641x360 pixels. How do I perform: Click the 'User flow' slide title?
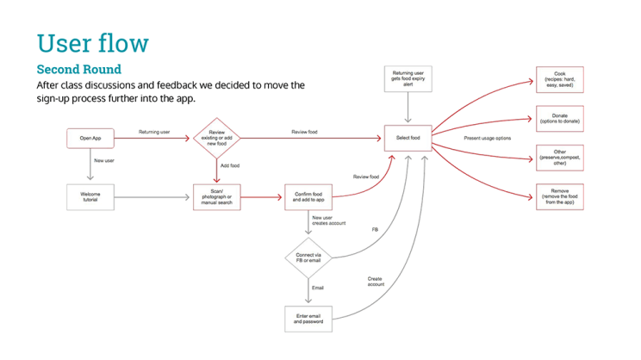click(x=93, y=42)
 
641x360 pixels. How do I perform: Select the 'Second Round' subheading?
click(x=78, y=69)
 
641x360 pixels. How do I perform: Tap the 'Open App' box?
click(x=90, y=138)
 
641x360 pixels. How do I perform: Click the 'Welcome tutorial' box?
click(x=90, y=197)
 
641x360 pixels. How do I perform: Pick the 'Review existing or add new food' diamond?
click(x=215, y=138)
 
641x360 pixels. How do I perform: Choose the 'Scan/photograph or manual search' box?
click(x=215, y=197)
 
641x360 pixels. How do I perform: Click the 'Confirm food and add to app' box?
click(x=308, y=197)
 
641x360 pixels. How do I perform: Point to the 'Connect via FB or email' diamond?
click(x=308, y=258)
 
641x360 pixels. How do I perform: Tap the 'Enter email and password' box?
click(x=308, y=319)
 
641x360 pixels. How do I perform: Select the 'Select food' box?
click(x=408, y=138)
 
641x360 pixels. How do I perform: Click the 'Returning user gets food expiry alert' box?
click(x=408, y=79)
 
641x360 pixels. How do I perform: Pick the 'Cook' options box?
click(x=559, y=79)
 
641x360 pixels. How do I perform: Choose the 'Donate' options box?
click(x=559, y=119)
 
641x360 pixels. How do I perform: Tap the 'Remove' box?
click(x=559, y=197)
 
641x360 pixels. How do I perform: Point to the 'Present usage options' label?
click(x=488, y=138)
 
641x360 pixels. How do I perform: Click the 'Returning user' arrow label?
click(x=154, y=132)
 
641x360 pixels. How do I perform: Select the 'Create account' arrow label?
click(x=375, y=282)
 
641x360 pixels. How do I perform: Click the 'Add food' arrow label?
click(x=230, y=166)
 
